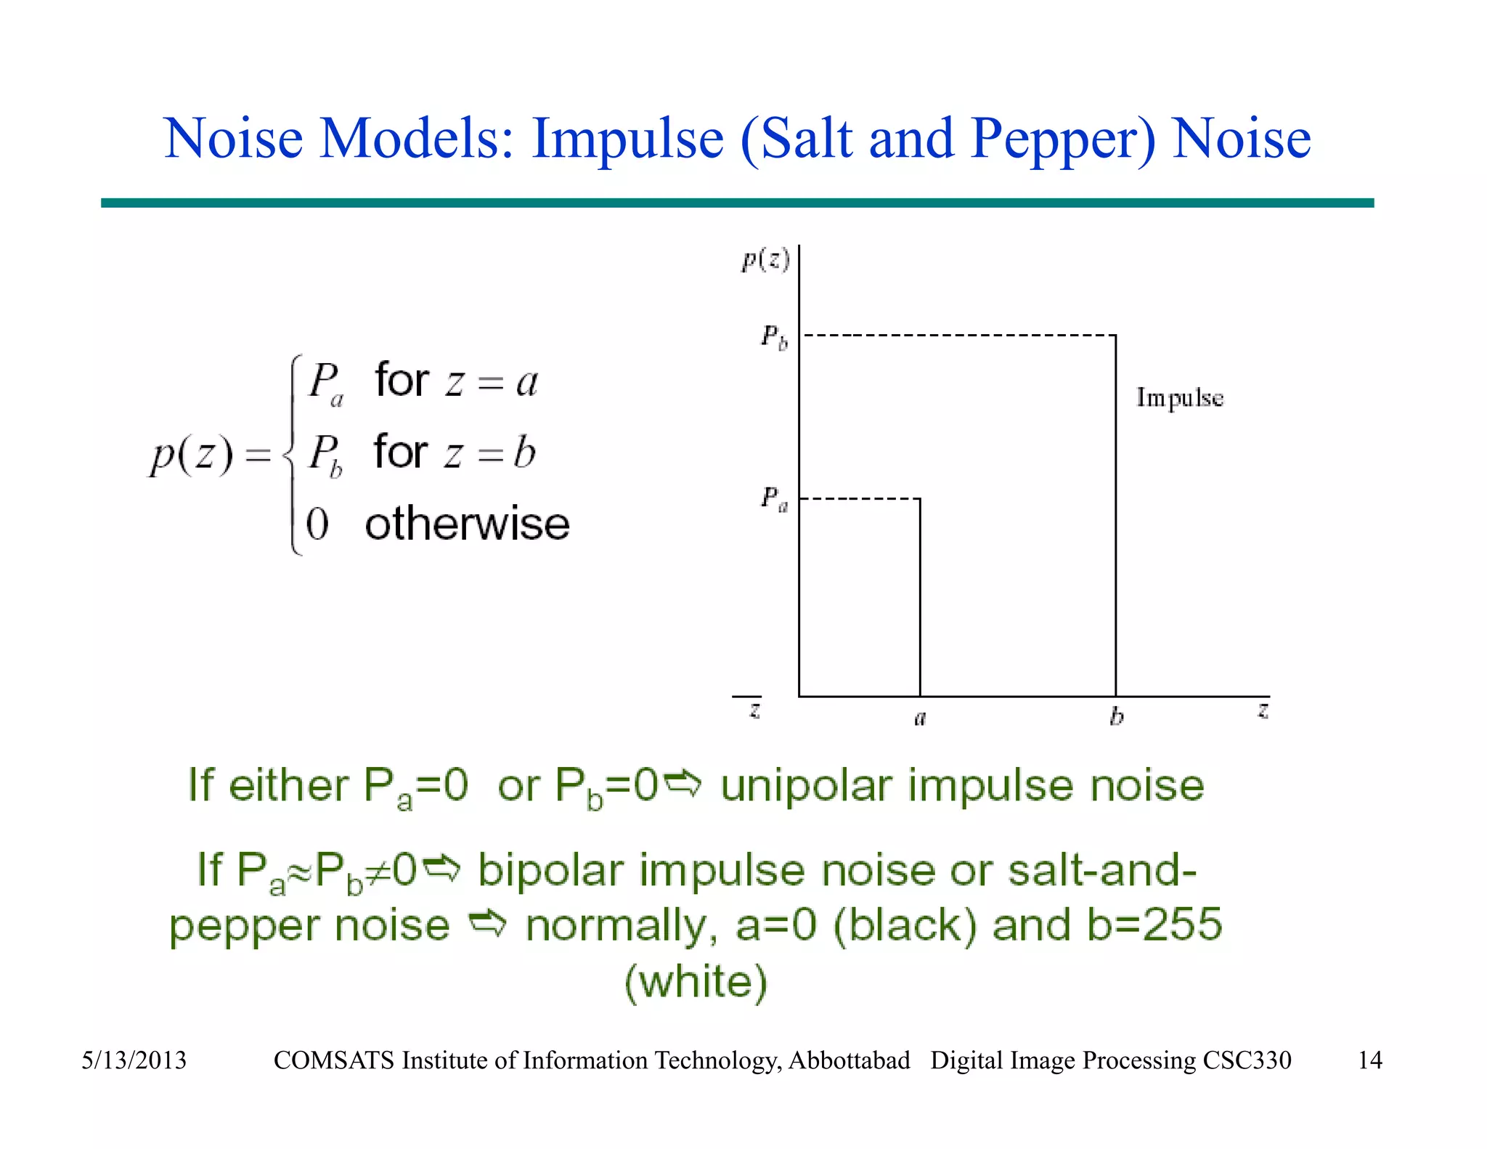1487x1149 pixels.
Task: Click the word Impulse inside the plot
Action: [x=1179, y=398]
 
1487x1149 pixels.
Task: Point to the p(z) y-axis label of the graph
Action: [x=765, y=259]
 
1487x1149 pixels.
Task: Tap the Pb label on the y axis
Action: [x=774, y=337]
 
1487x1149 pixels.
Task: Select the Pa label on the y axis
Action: [x=774, y=499]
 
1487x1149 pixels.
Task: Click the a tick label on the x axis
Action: [x=920, y=718]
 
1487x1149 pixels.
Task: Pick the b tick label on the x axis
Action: [x=1117, y=716]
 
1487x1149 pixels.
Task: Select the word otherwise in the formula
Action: [x=467, y=524]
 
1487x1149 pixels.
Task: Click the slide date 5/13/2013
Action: [x=134, y=1060]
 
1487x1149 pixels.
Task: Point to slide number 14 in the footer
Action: [x=1369, y=1060]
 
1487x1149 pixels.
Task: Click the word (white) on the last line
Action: [x=696, y=982]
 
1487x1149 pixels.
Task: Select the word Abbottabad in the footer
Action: [x=849, y=1060]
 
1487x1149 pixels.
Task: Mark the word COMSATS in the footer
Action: [x=334, y=1060]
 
